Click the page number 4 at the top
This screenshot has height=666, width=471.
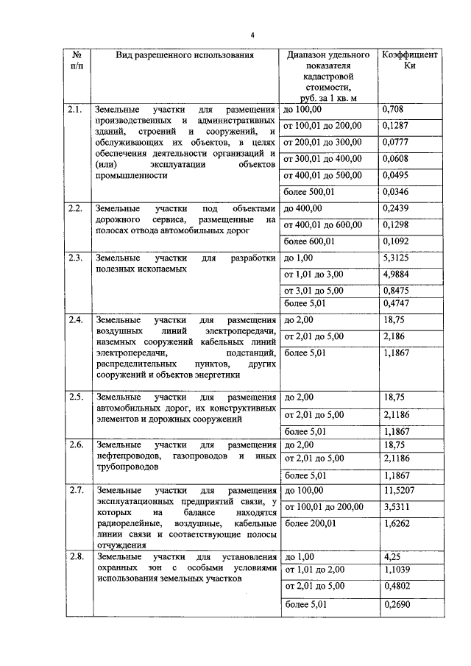[252, 35]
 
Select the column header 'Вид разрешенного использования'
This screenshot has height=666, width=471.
[185, 55]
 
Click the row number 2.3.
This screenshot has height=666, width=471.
[74, 258]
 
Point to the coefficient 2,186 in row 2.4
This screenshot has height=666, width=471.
[396, 336]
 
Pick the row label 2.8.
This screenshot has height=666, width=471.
[74, 557]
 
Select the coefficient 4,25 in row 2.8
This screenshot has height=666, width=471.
[392, 557]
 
